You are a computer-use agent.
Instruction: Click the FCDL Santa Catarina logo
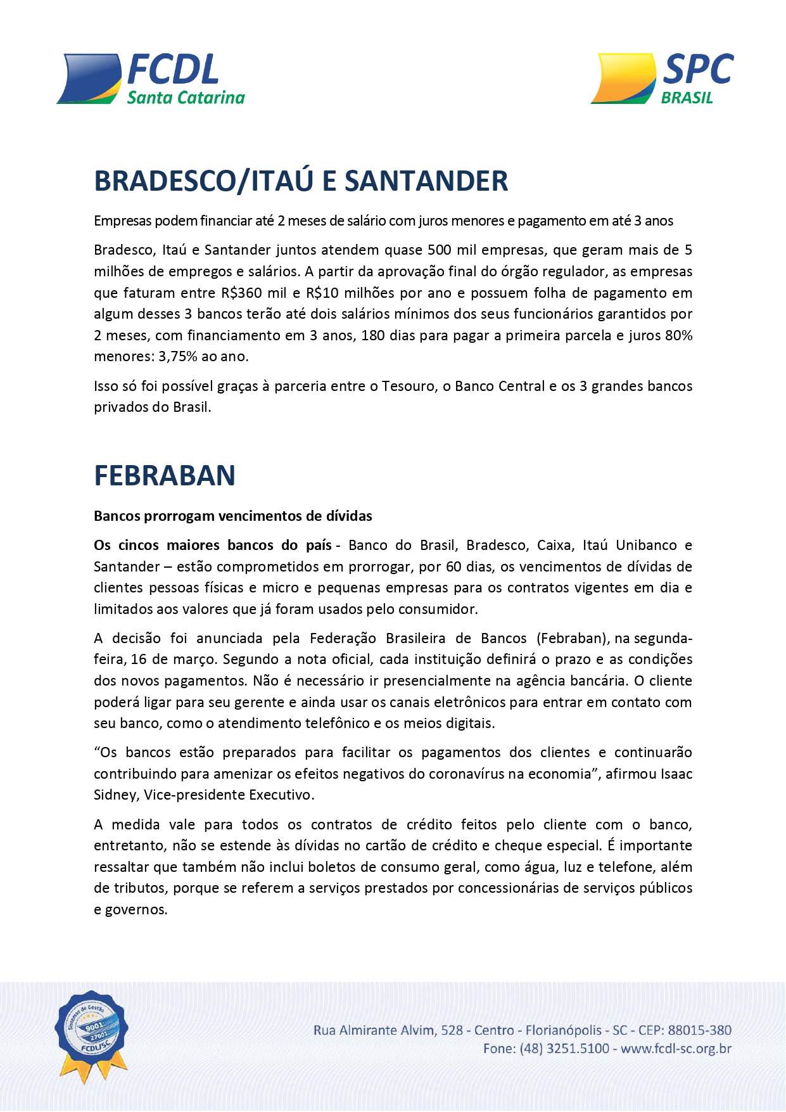151,79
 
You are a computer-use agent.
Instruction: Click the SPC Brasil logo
662,79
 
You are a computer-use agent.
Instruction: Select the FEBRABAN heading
165,475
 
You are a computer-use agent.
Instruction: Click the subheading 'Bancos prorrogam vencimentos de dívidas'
232,516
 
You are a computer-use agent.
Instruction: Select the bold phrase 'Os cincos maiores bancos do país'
213,545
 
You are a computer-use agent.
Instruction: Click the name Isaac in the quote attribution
676,774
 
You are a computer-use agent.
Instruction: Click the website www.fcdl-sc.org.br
676,1049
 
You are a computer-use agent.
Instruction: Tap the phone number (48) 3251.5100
564,1049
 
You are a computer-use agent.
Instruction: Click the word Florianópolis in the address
563,1030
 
